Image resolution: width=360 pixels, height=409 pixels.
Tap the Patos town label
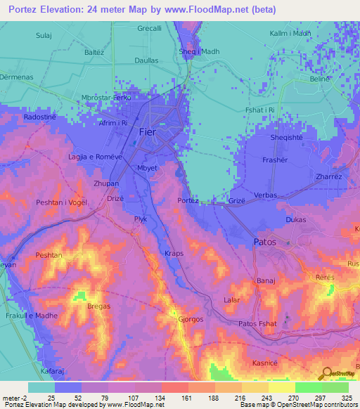click(x=264, y=242)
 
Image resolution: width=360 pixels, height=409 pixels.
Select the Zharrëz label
click(x=329, y=177)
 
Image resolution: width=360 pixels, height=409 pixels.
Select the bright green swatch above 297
click(x=308, y=387)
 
